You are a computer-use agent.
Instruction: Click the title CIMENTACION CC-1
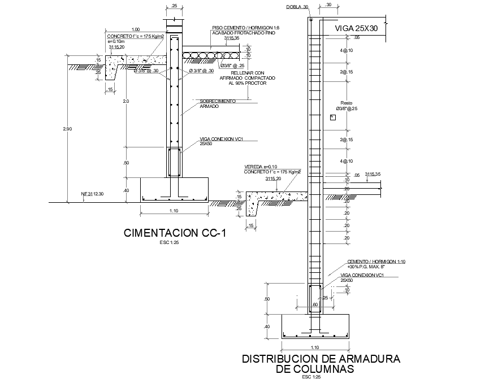pos(174,233)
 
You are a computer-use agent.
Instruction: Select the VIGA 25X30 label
pos(356,27)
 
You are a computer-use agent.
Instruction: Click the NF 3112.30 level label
pos(93,194)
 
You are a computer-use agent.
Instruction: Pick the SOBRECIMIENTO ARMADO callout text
pos(218,103)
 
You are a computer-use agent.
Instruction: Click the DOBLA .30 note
pos(297,7)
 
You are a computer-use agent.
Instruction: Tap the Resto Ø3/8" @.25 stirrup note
pos(347,105)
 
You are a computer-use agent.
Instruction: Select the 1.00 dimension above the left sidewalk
pos(135,29)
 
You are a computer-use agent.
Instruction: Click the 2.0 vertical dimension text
pos(125,101)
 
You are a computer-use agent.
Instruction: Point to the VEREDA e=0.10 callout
pos(260,167)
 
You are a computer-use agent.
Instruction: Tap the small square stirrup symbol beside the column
pos(332,117)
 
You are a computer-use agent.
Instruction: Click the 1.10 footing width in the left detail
pos(174,211)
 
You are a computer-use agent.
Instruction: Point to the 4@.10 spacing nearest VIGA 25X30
pos(347,51)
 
